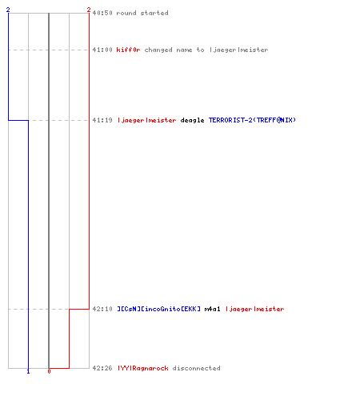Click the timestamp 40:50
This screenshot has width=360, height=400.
(102, 13)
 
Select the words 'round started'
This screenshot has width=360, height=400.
(142, 13)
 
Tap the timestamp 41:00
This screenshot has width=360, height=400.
(102, 50)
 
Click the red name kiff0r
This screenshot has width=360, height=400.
(128, 50)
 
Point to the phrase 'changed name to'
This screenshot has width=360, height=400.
(174, 50)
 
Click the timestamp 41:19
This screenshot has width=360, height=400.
(102, 120)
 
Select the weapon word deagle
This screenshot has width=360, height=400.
(192, 120)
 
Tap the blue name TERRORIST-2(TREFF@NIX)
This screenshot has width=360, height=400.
(252, 120)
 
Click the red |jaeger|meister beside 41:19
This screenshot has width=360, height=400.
(147, 120)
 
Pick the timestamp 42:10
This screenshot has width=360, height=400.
(102, 309)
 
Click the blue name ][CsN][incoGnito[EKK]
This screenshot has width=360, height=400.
(159, 309)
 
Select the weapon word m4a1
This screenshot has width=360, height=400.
(213, 309)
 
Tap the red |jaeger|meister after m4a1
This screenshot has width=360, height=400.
(255, 309)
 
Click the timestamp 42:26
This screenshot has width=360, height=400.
(102, 368)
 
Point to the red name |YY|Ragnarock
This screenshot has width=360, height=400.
(143, 368)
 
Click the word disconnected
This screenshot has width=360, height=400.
(197, 368)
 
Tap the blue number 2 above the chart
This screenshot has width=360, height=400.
(8, 10)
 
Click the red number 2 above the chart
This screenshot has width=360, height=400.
(89, 10)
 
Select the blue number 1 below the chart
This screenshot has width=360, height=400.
(28, 371)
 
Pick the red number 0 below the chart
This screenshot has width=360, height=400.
(49, 371)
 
